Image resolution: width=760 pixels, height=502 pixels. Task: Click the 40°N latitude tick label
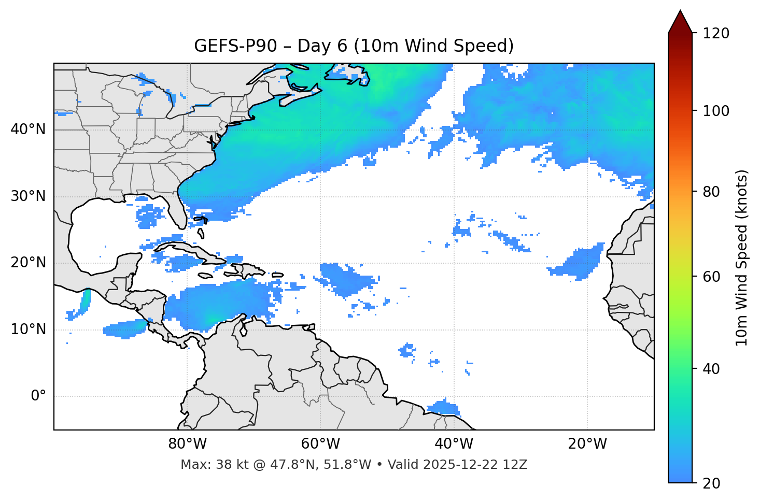(x=28, y=130)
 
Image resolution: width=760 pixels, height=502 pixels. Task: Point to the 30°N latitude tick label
(x=28, y=196)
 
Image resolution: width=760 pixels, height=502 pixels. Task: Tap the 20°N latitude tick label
(x=28, y=263)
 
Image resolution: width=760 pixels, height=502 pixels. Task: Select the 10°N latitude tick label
(x=28, y=329)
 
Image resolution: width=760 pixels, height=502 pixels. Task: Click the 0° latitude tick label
(x=38, y=396)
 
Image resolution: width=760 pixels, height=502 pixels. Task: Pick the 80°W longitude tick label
(x=187, y=444)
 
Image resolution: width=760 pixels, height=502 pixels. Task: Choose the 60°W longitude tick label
(x=320, y=444)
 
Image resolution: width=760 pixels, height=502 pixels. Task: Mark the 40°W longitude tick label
(x=454, y=444)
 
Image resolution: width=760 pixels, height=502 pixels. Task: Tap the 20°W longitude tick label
(x=587, y=444)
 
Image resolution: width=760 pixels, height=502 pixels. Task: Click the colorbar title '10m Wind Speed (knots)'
(x=742, y=257)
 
